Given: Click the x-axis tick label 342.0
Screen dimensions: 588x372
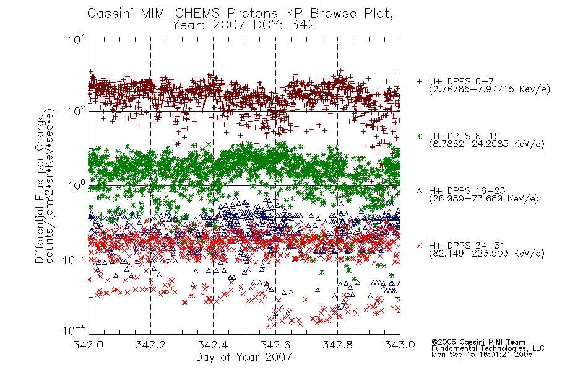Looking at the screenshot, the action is [x=88, y=345].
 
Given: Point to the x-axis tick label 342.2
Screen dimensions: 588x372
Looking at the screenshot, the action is [x=150, y=345].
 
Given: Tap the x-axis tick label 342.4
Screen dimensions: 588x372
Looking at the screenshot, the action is [x=213, y=345].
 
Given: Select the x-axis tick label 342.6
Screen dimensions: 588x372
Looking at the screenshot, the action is [x=275, y=345].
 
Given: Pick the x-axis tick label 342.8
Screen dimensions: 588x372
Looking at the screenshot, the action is [x=337, y=345].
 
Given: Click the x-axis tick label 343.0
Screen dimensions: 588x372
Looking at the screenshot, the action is [x=400, y=345].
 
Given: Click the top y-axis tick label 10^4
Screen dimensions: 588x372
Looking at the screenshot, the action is [x=77, y=39].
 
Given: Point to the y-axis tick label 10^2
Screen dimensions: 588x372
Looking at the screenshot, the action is [x=77, y=111].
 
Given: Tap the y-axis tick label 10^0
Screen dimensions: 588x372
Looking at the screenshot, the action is [x=77, y=185].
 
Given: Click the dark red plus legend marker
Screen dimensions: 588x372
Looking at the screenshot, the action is [x=419, y=81].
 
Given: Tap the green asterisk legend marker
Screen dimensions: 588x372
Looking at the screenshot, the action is [x=419, y=136].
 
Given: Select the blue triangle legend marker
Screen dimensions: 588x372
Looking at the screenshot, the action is [x=419, y=191].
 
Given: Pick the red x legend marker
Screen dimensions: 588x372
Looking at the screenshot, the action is [x=419, y=246].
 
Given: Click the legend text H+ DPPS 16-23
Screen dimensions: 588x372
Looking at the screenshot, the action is [x=467, y=190].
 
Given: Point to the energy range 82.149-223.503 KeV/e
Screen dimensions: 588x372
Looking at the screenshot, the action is [x=486, y=254].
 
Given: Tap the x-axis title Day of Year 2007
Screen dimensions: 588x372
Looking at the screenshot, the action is [x=244, y=357].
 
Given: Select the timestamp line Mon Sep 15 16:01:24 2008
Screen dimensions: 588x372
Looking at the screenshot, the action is [x=482, y=354].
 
